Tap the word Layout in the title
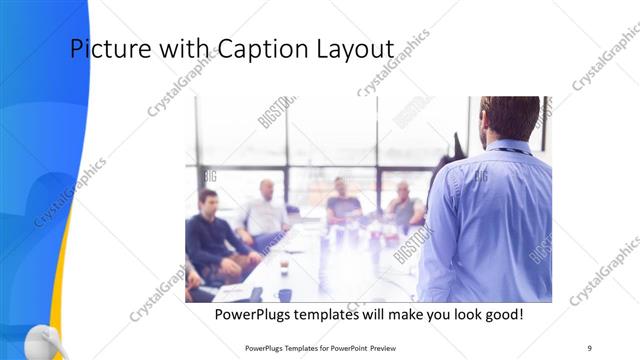350,49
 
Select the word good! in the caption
503,315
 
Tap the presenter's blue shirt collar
510,147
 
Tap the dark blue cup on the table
285,295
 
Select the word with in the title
179,49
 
